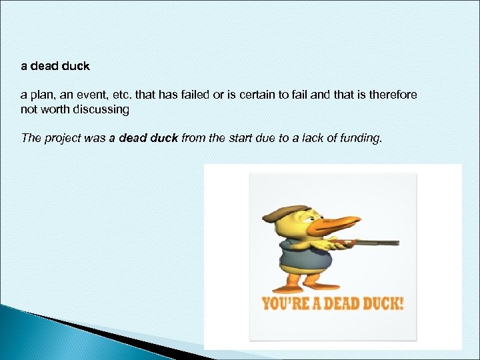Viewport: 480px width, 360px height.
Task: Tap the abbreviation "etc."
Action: click(119, 95)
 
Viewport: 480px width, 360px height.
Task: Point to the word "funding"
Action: click(363, 138)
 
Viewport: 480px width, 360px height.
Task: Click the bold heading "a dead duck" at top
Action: click(55, 67)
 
